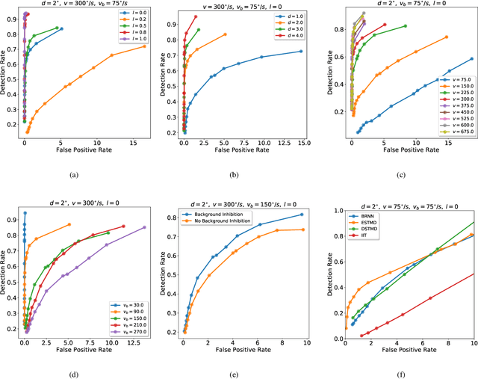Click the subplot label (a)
(x=72, y=174)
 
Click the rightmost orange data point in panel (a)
(x=144, y=46)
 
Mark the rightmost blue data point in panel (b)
(x=300, y=52)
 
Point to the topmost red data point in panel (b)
(x=196, y=16)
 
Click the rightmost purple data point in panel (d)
(x=144, y=227)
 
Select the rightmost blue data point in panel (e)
(x=302, y=215)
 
